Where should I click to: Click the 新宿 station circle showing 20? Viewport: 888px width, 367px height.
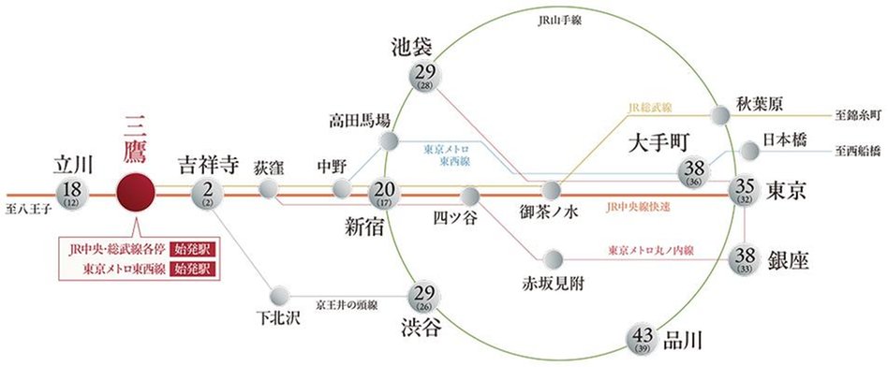point(384,193)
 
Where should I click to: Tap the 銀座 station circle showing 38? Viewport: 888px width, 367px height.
point(747,256)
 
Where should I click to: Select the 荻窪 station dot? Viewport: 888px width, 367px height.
point(269,191)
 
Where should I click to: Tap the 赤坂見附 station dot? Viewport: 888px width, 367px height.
point(554,257)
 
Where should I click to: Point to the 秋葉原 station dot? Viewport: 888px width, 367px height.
point(720,114)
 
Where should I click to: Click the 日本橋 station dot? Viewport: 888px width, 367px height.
point(749,149)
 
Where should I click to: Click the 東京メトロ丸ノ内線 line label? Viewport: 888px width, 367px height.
point(650,250)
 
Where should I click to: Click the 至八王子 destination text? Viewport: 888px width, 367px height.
point(26,199)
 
